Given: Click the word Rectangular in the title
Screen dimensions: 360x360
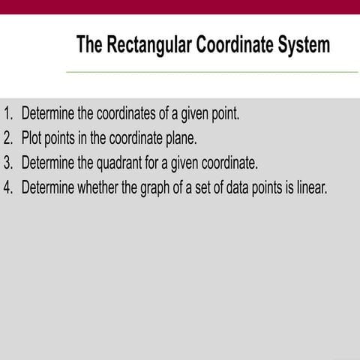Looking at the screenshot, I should (x=148, y=45).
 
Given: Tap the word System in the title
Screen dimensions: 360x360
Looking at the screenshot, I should (x=300, y=45).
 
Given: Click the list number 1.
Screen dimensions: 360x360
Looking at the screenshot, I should (x=8, y=115).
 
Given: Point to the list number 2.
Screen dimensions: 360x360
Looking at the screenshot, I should (x=8, y=139).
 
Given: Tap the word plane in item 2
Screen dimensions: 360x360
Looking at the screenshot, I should (x=180, y=139).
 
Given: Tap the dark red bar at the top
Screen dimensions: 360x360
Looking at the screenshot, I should (x=180, y=6).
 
